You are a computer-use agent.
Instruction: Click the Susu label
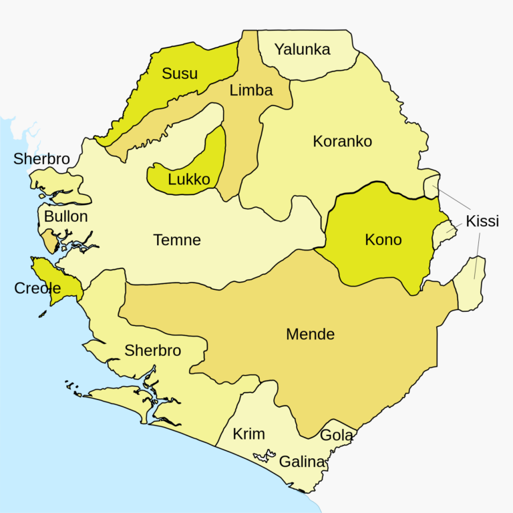[x=180, y=73]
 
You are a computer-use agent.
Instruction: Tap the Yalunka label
[x=303, y=49]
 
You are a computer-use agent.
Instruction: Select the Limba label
[x=251, y=90]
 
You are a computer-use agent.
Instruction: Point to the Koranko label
[x=342, y=142]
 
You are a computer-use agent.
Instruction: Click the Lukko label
[x=189, y=179]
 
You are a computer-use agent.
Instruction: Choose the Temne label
[x=177, y=240]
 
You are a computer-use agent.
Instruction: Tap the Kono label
[x=383, y=239]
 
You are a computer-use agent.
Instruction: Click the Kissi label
[x=483, y=221]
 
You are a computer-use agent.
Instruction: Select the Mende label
[x=310, y=334]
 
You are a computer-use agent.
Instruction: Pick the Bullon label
[x=65, y=216]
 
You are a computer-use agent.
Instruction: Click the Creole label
[x=37, y=289]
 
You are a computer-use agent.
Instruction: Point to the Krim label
[x=248, y=434]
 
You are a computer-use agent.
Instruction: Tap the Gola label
[x=337, y=436]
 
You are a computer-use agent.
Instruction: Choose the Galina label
[x=302, y=462]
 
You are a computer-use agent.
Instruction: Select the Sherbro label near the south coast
[x=153, y=351]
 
